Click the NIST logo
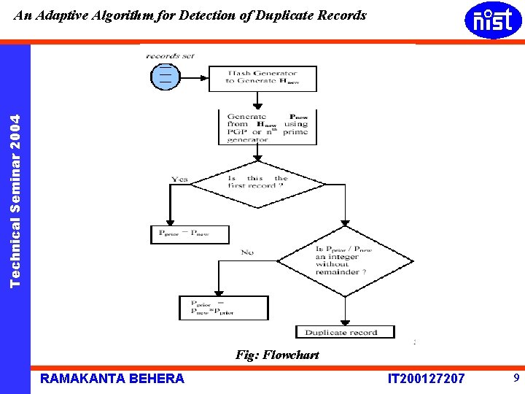pyautogui.click(x=493, y=20)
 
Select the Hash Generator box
pyautogui.click(x=262, y=78)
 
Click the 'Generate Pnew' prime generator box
pyautogui.click(x=267, y=128)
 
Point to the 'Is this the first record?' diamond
pyautogui.click(x=258, y=182)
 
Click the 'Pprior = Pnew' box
pyautogui.click(x=190, y=234)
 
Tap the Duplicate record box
pyautogui.click(x=345, y=333)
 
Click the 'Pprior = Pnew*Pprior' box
pyautogui.click(x=213, y=308)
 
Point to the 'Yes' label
pyautogui.click(x=179, y=179)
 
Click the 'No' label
pyautogui.click(x=247, y=252)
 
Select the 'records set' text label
pyautogui.click(x=170, y=55)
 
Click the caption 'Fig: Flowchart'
pyautogui.click(x=277, y=355)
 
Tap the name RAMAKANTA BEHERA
pyautogui.click(x=112, y=378)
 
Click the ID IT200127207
pyautogui.click(x=426, y=378)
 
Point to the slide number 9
pyautogui.click(x=516, y=378)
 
